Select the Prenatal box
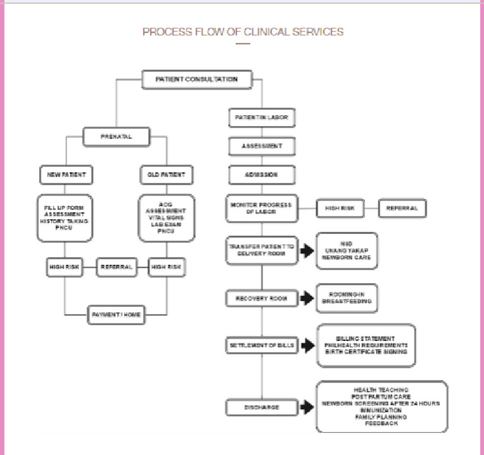click(116, 135)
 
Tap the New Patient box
click(66, 173)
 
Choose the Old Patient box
click(166, 173)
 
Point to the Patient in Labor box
click(262, 118)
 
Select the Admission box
click(262, 174)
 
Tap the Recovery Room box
click(262, 297)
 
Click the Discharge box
click(262, 407)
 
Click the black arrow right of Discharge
click(307, 407)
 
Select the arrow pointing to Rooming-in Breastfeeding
click(307, 297)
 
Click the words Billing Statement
click(366, 338)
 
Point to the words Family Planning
click(382, 417)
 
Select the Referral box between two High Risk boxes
click(116, 267)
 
